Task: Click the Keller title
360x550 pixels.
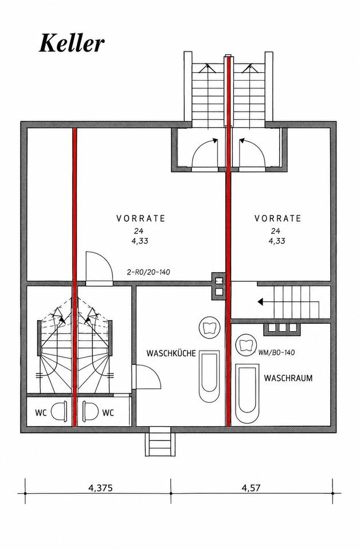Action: [x=72, y=44]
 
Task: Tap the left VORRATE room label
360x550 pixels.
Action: [x=140, y=218]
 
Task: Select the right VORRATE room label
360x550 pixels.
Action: [x=278, y=218]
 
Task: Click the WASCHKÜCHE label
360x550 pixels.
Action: [x=171, y=353]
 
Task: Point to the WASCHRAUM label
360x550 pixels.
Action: [x=288, y=378]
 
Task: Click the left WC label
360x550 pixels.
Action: [x=41, y=413]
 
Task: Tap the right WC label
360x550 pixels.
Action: [x=108, y=413]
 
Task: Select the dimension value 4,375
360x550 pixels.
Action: [x=100, y=488]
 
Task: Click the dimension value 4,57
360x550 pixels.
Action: [x=251, y=488]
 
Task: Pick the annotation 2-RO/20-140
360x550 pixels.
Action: [x=148, y=272]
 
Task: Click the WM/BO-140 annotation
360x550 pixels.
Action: [x=276, y=352]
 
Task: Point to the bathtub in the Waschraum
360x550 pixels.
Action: [x=247, y=394]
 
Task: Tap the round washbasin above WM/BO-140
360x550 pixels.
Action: [x=245, y=344]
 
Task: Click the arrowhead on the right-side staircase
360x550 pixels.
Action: [x=261, y=301]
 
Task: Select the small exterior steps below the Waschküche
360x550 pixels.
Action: [x=160, y=441]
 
